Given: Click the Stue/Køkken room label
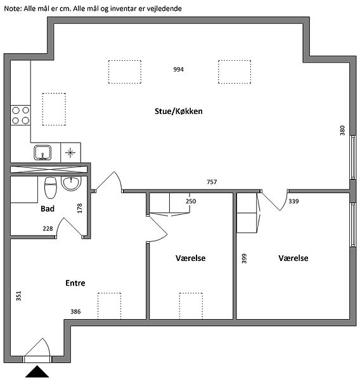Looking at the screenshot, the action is click(x=179, y=111).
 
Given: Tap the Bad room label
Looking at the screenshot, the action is click(x=48, y=208).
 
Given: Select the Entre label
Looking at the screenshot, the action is click(x=75, y=283).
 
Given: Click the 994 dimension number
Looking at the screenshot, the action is click(x=178, y=70).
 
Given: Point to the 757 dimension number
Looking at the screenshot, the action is click(x=212, y=182).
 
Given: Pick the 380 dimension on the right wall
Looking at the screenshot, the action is click(x=342, y=130).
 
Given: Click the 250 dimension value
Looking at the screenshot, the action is click(x=191, y=201).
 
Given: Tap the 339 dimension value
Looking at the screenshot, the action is click(x=293, y=201).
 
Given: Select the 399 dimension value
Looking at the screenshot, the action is click(x=244, y=258).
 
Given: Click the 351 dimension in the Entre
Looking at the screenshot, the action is click(x=18, y=296).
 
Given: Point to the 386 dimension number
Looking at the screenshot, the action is click(x=75, y=312).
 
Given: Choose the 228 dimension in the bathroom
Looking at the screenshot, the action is click(x=48, y=229).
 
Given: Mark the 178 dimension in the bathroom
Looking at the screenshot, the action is click(x=80, y=208).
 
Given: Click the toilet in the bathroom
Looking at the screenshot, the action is click(x=51, y=187).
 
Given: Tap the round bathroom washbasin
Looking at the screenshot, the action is click(x=71, y=183).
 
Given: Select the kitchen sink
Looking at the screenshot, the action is click(x=42, y=153).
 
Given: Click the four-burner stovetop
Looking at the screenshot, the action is click(x=21, y=115).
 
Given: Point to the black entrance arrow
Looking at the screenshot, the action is click(x=37, y=372).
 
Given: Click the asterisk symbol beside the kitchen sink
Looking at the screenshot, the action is click(x=70, y=153).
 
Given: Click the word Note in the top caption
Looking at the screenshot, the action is click(x=13, y=9).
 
